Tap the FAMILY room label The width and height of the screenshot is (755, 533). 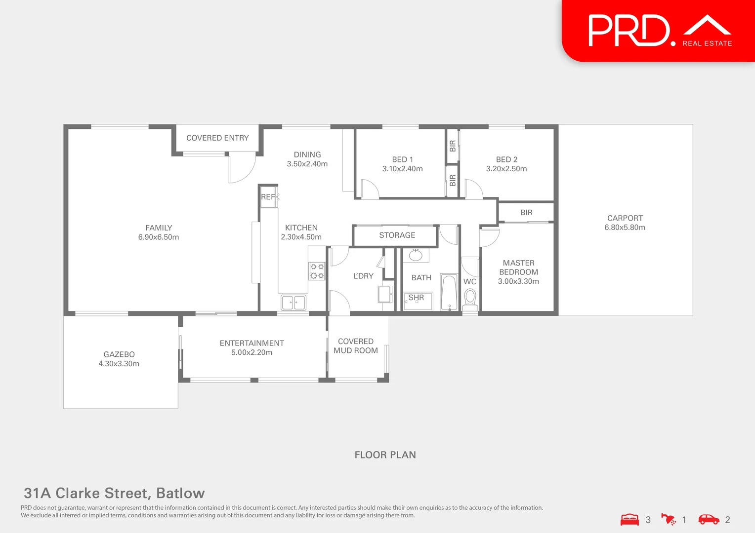[x=159, y=228]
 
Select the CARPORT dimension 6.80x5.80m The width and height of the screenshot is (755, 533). [x=625, y=228]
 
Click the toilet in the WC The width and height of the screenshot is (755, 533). [x=470, y=298]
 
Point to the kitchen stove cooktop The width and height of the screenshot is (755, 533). [x=317, y=271]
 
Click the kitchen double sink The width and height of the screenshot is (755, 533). [x=293, y=302]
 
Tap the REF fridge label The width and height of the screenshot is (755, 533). [x=268, y=197]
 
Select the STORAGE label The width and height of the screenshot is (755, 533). [x=397, y=235]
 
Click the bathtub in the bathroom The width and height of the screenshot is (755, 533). [x=449, y=292]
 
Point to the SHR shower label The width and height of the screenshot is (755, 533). [x=416, y=298]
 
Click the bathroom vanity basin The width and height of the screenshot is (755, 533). [x=416, y=255]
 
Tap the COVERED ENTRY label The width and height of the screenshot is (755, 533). [x=217, y=138]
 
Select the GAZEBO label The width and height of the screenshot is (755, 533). [x=119, y=354]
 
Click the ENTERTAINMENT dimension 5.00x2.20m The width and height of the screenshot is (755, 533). [x=252, y=352]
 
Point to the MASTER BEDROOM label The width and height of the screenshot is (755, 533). [x=518, y=267]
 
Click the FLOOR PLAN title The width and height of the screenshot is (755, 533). [x=385, y=455]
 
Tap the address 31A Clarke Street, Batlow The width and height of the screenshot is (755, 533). [x=114, y=493]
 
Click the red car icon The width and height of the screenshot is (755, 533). [x=709, y=519]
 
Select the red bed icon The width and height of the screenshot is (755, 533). [x=629, y=520]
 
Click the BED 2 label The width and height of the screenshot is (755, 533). [x=506, y=159]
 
